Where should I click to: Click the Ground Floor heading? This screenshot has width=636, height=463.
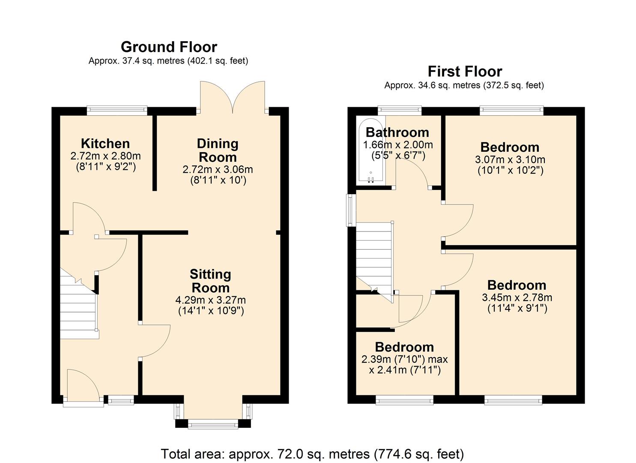[169, 47]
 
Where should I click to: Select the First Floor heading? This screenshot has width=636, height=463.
[465, 71]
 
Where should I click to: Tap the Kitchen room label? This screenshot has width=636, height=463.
[105, 143]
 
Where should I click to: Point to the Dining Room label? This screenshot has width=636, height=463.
[218, 150]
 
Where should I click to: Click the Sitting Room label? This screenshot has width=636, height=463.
[210, 281]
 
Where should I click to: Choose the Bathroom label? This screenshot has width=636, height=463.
[397, 132]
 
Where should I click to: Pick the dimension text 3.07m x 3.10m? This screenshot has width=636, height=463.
[510, 159]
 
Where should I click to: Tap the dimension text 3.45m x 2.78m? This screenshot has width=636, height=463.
[517, 297]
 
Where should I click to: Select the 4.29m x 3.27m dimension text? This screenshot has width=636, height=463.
[210, 300]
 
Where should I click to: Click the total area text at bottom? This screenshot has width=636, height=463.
[312, 454]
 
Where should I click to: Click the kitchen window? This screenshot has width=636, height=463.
[117, 111]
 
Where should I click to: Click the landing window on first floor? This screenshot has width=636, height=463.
[351, 210]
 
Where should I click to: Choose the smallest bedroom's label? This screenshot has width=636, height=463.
[404, 347]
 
